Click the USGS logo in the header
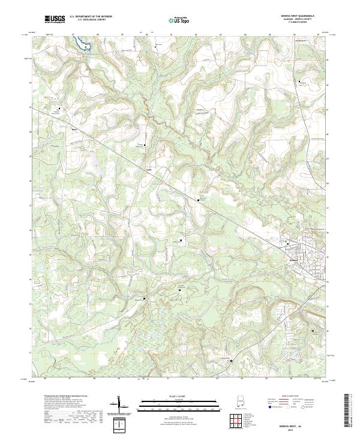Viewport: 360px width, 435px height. [55, 19]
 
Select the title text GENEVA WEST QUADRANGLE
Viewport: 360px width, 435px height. [301, 16]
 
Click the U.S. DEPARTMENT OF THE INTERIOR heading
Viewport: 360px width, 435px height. [89, 17]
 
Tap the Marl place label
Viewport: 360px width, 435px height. [74, 129]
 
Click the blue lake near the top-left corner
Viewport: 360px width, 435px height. [82, 44]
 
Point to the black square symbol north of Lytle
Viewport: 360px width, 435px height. [145, 145]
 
